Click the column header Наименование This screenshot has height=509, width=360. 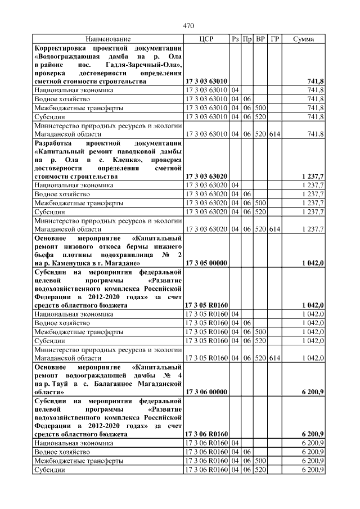point(108,39)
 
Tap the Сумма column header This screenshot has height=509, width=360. point(304,39)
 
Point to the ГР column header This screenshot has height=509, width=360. point(274,39)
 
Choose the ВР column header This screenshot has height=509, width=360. point(260,39)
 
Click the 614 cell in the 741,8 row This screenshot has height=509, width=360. point(274,134)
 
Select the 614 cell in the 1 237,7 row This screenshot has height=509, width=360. point(274,228)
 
